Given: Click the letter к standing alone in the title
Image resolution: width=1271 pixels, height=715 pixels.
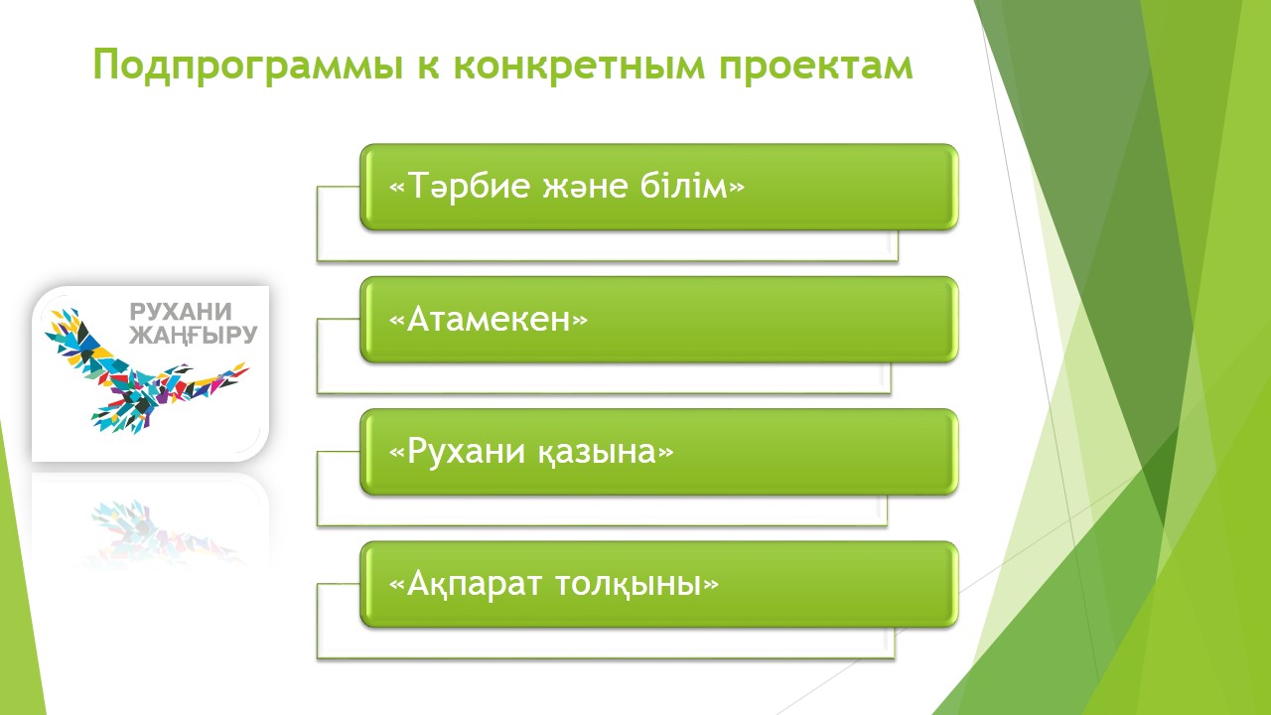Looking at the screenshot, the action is coord(428,66).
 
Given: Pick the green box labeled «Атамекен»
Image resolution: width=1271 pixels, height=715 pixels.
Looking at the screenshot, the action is coord(659,320).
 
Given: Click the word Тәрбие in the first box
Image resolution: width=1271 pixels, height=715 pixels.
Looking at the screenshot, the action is coord(469,186).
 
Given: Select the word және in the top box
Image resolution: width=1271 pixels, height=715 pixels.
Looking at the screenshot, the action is coord(585,187).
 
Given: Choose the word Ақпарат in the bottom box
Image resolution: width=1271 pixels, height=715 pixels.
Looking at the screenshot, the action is coord(474,584).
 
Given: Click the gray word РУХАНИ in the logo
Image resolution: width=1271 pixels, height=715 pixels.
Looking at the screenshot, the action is coord(181,312).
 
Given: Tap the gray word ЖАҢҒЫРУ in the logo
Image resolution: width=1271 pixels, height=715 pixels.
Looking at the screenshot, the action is coord(193,335).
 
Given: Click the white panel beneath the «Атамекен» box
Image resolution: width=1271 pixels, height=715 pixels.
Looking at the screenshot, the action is coord(603,378).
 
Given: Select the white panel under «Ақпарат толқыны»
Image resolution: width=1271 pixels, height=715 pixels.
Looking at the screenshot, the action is coord(605,643).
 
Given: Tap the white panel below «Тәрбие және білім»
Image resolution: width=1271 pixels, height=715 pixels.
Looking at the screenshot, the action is coord(607,245).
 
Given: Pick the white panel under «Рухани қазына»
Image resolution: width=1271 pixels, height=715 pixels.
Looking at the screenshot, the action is coord(602,510).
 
